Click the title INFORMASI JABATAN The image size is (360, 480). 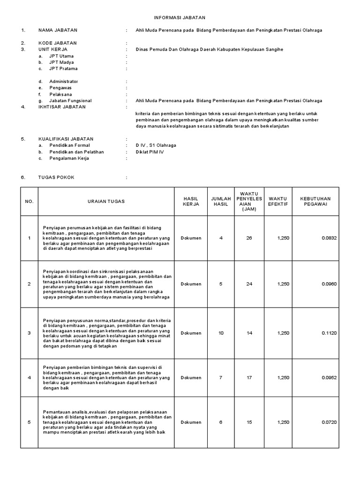coord(180,17)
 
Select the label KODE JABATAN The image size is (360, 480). coord(58,43)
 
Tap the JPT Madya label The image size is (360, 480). coord(61,62)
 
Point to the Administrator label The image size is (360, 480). coord(64,82)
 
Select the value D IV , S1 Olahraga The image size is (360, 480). coord(156,145)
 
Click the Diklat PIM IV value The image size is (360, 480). coord(150,152)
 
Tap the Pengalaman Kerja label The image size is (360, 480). coord(69,158)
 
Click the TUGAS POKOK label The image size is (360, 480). coord(56,178)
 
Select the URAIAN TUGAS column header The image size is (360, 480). coord(106,202)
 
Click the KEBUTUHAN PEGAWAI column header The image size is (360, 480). coord(315,202)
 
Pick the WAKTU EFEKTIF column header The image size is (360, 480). coord(278,202)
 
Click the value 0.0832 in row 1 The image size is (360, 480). coord(329,238)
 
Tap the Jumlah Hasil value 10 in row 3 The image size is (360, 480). coord(221,333)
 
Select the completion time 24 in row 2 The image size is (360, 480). coord(249,284)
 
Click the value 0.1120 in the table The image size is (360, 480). coord(329,333)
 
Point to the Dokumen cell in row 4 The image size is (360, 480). coord(191,378)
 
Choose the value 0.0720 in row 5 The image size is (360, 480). coord(329,422)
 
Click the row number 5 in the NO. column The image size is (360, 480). coord(29,422)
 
